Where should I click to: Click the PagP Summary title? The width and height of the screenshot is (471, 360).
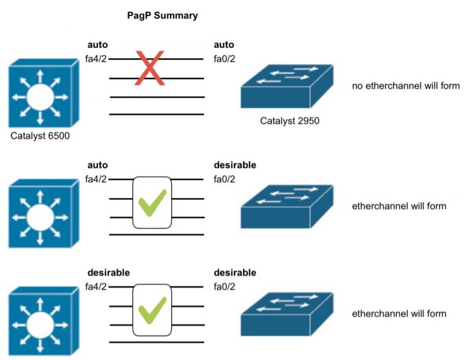(x=163, y=16)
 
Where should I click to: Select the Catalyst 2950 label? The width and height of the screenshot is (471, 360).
(x=289, y=121)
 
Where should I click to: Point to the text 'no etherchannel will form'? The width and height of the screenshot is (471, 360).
(x=405, y=86)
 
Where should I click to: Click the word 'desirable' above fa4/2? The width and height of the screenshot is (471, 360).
(x=109, y=272)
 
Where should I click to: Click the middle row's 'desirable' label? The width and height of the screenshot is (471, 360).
(x=235, y=165)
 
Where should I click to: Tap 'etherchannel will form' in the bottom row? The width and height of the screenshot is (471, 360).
(x=399, y=314)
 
